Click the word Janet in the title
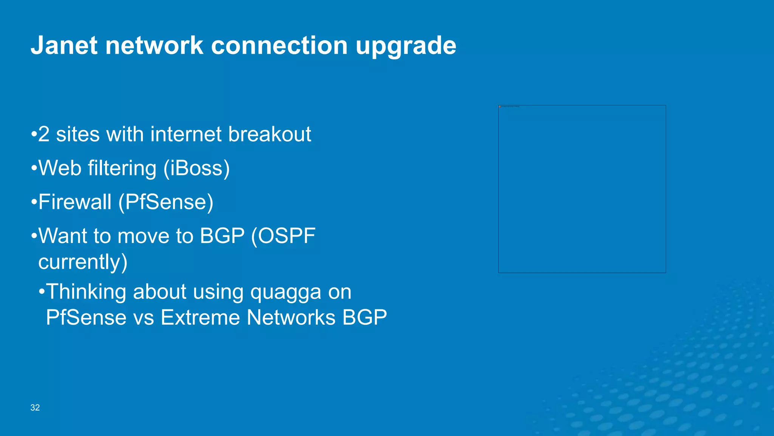tap(64, 46)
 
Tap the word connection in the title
tap(279, 46)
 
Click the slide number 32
tap(35, 408)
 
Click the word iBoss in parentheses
tap(196, 168)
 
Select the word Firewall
tap(75, 202)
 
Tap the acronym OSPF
tap(287, 236)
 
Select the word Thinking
tap(86, 292)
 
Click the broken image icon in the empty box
tap(500, 107)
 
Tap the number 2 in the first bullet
tap(44, 134)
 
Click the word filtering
tap(122, 168)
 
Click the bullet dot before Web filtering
tap(34, 168)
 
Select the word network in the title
tap(154, 46)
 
